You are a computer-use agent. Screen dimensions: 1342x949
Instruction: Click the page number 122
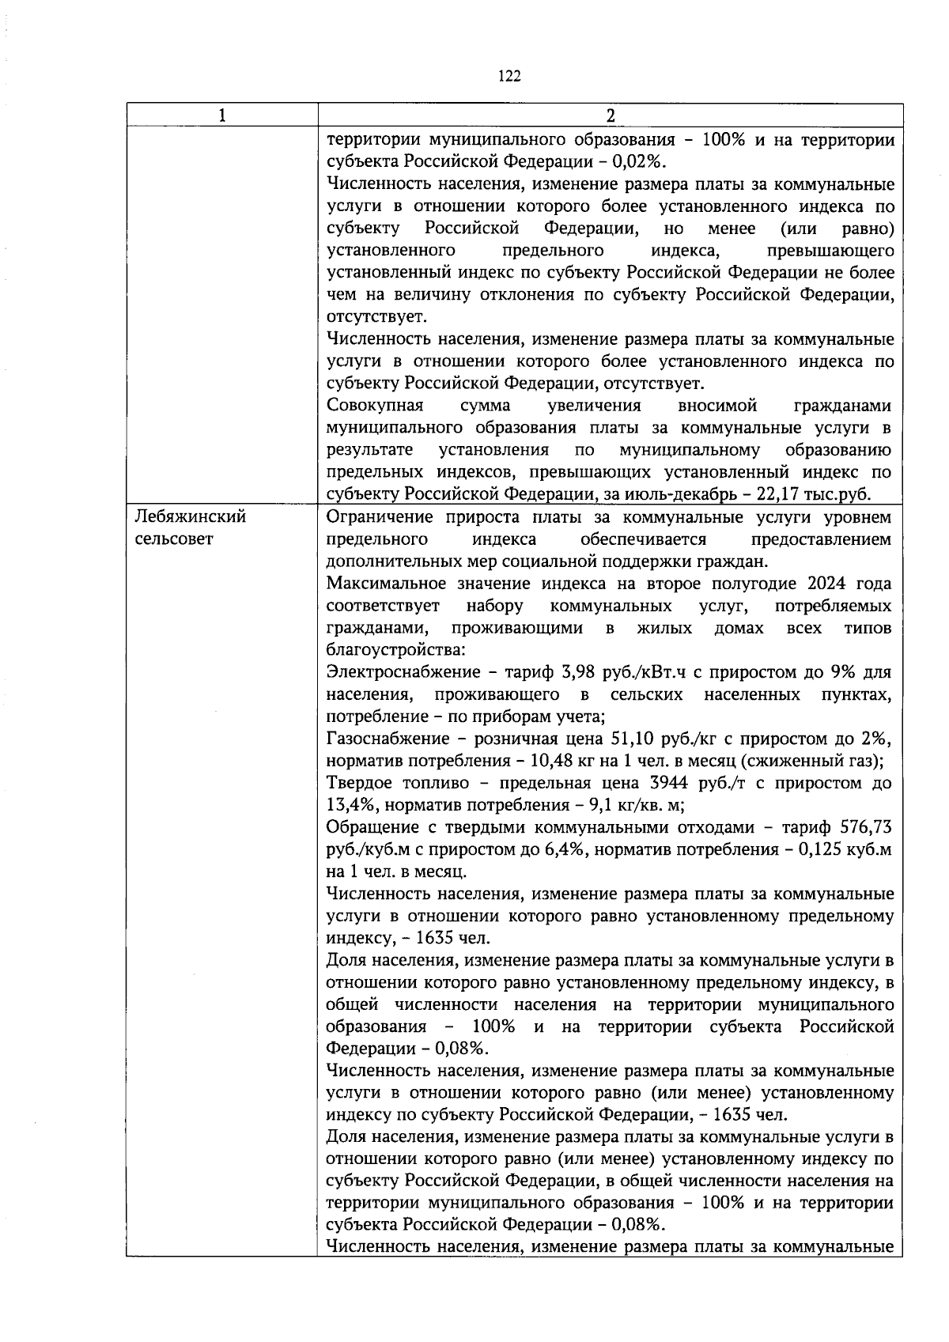point(509,76)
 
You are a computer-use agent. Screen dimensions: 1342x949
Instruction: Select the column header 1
point(222,115)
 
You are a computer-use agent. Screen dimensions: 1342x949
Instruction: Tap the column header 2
point(610,115)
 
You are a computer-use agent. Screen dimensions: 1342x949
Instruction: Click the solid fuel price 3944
point(688,783)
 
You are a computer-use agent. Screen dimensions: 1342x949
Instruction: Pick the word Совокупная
point(375,406)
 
